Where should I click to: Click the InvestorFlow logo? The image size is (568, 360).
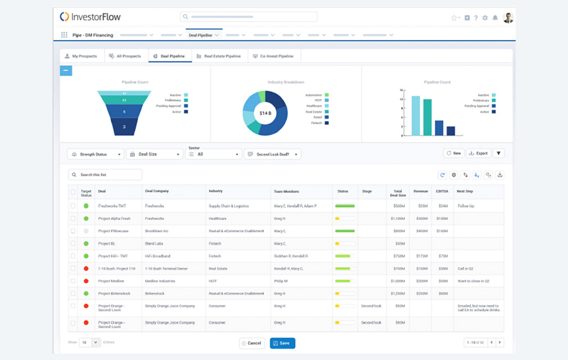[90, 17]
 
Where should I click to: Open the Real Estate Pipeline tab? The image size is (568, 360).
[219, 56]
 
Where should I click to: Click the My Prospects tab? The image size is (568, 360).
[81, 56]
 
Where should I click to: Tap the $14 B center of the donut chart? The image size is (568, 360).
[265, 113]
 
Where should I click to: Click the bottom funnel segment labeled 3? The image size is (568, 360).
[124, 128]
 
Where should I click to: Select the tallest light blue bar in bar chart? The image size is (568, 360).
[416, 115]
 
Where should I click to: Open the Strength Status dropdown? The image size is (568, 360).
[96, 154]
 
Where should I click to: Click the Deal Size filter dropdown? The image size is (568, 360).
[155, 154]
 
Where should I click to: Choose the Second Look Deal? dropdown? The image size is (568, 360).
[272, 154]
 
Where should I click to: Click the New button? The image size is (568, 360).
[453, 153]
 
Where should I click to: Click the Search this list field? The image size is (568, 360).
[105, 175]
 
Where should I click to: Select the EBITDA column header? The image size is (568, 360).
[442, 191]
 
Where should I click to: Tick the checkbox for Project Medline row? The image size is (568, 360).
[73, 281]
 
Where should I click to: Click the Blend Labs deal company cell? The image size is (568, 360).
[155, 244]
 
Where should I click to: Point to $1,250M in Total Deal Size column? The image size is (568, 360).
[397, 293]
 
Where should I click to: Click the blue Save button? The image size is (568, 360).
[282, 343]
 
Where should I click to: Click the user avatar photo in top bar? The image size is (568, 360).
[508, 17]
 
